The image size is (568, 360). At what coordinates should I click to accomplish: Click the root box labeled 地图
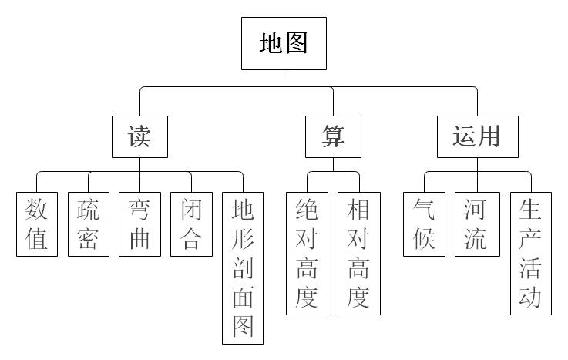(284, 43)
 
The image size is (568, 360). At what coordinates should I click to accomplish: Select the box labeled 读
(139, 136)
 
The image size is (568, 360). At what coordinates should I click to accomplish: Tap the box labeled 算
(333, 136)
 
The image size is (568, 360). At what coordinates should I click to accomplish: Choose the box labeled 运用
(476, 136)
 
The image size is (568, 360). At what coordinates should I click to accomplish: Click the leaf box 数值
(37, 224)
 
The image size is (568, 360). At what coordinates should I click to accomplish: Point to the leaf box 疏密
(88, 224)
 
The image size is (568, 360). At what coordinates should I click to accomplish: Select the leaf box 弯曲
(139, 224)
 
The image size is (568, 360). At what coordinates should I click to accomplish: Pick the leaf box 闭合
(191, 224)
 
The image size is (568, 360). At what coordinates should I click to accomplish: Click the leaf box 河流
(476, 224)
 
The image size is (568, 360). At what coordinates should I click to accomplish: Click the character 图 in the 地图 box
(296, 43)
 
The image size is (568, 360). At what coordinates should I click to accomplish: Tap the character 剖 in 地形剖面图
(243, 267)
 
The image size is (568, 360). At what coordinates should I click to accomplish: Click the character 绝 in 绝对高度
(307, 209)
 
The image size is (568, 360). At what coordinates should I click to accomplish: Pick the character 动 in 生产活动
(531, 298)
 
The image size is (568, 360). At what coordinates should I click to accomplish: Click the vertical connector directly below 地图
(284, 79)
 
